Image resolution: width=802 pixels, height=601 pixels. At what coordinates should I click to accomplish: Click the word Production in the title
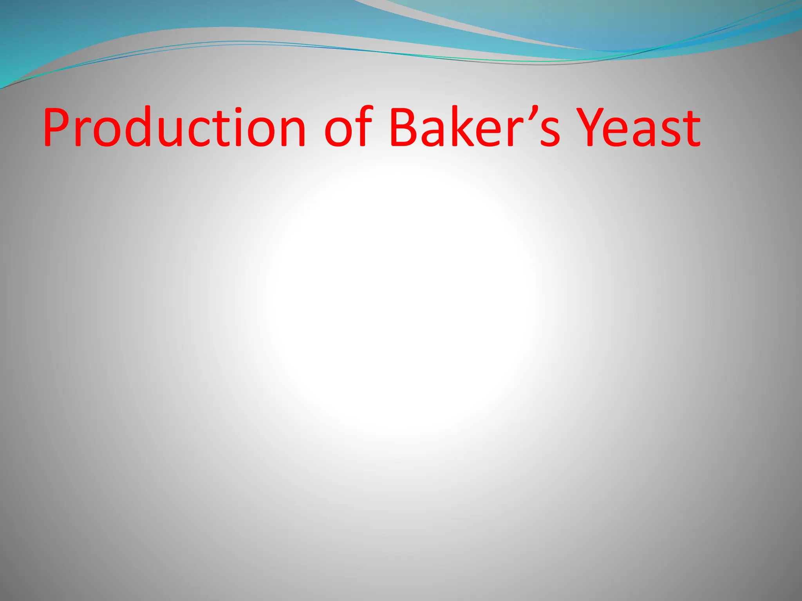174,127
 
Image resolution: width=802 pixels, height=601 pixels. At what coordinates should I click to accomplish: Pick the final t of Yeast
690,129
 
